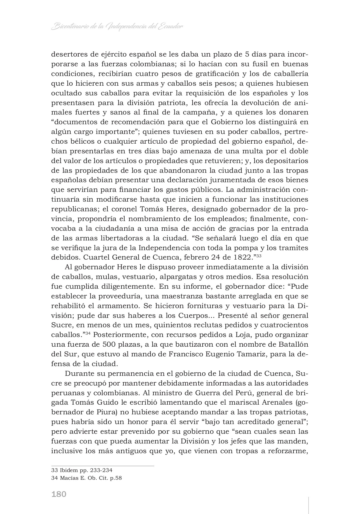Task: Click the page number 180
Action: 59,494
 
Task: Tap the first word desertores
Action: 69,54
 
